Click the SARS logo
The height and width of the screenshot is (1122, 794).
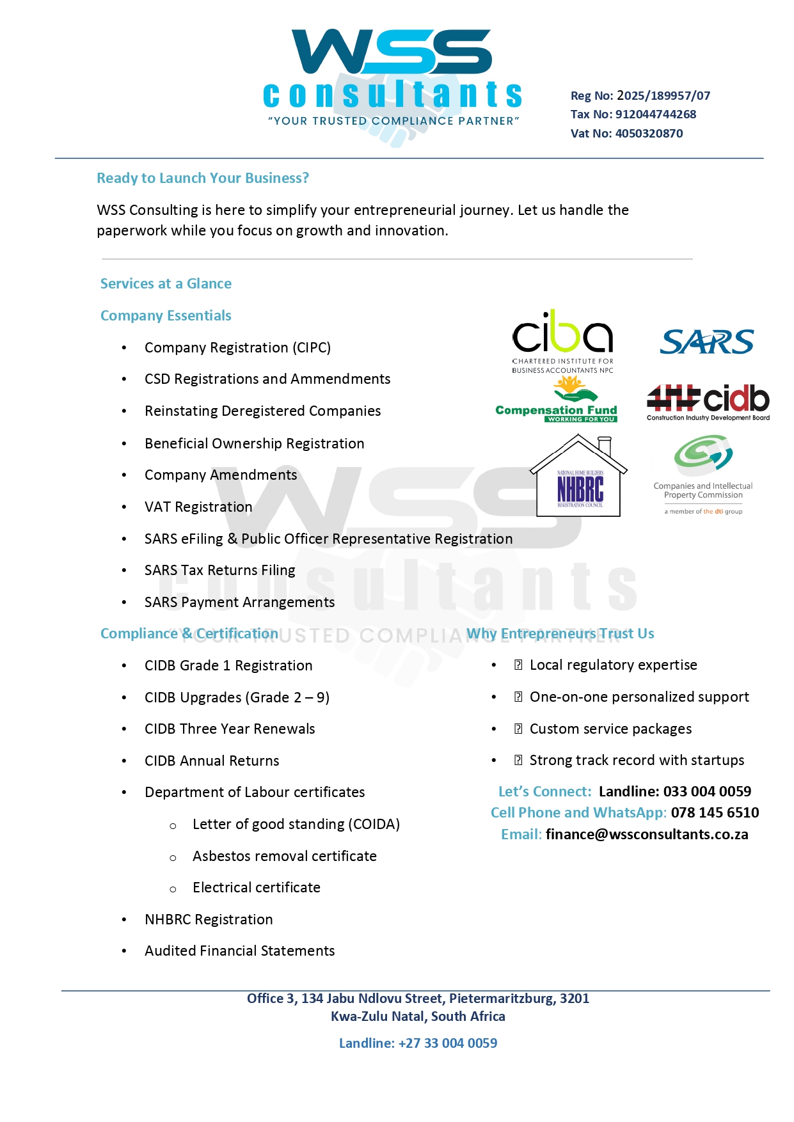pyautogui.click(x=707, y=342)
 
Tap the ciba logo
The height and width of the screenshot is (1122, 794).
pyautogui.click(x=562, y=339)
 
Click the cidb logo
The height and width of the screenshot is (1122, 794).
pyautogui.click(x=708, y=402)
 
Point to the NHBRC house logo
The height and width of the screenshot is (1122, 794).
pyautogui.click(x=578, y=477)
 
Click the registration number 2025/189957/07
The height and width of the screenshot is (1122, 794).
pyautogui.click(x=663, y=96)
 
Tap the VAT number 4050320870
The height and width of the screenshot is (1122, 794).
pyautogui.click(x=649, y=134)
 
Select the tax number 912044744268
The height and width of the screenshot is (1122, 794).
pyautogui.click(x=655, y=115)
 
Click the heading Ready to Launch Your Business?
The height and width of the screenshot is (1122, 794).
pyautogui.click(x=203, y=178)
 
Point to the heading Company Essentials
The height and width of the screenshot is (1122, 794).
pyautogui.click(x=166, y=315)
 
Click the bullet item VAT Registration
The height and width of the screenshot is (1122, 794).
pyautogui.click(x=198, y=507)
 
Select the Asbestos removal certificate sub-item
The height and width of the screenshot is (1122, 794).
pyautogui.click(x=284, y=856)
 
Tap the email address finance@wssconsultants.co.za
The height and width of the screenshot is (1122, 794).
pyautogui.click(x=647, y=834)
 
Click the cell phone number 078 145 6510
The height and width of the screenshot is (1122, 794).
pyautogui.click(x=715, y=812)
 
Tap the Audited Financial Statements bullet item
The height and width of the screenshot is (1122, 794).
pyautogui.click(x=239, y=951)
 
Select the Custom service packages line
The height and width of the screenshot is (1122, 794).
pyautogui.click(x=610, y=729)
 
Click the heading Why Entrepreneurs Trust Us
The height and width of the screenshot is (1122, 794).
pyautogui.click(x=560, y=633)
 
